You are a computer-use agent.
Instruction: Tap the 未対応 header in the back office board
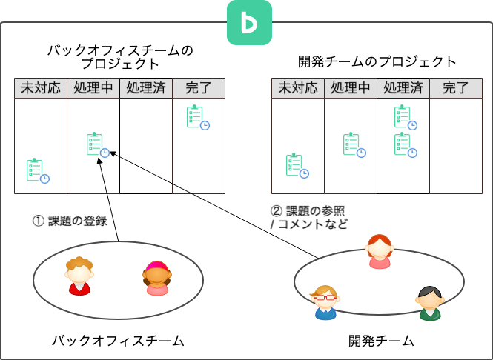pos(40,88)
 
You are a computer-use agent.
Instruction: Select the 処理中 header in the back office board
pos(93,88)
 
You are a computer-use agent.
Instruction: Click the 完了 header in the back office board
pos(199,88)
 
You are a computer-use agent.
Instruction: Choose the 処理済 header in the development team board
pos(403,88)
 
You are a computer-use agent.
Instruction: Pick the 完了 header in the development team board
pos(455,88)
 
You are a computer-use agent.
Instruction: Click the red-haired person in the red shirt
pos(79,276)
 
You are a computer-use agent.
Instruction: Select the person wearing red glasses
pos(325,302)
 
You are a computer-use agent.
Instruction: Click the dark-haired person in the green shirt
pos(429,303)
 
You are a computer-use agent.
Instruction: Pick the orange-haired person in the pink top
pos(380,252)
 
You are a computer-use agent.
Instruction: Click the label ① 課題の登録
pos(70,220)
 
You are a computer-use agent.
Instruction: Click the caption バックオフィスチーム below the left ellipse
pos(117,341)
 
